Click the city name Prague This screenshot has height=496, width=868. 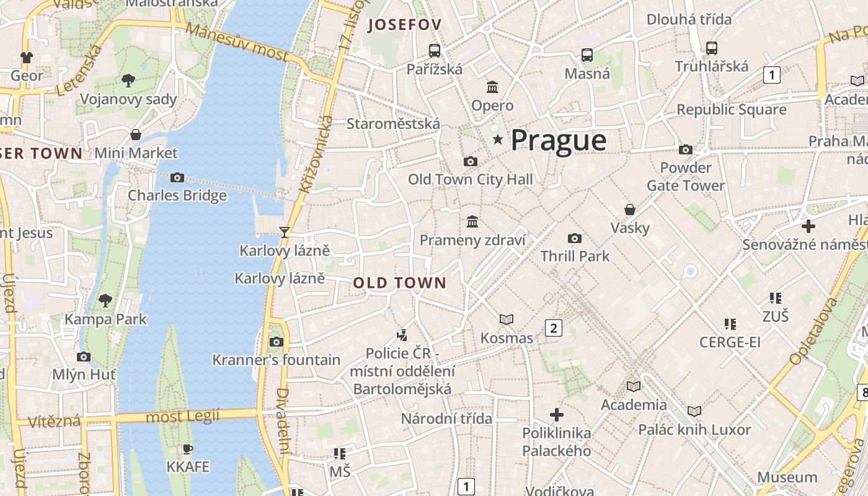(558, 141)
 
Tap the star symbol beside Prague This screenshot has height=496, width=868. (498, 140)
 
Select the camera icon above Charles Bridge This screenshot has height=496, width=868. (177, 178)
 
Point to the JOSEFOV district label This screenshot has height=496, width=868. (404, 25)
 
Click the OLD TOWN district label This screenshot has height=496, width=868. (400, 283)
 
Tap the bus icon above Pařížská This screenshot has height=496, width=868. (435, 51)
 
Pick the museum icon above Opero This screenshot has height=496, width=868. (492, 87)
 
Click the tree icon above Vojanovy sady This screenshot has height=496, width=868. (128, 80)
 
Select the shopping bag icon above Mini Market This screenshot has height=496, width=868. (136, 135)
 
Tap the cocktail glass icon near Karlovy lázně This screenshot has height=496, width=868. (285, 232)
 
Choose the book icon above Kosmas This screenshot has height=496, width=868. (507, 319)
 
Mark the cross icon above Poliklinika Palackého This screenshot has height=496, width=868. (557, 414)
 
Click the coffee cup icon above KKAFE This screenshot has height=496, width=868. (188, 449)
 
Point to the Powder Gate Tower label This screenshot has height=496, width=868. (685, 177)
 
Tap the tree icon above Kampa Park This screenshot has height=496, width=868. (105, 301)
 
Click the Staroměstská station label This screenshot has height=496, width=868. (393, 123)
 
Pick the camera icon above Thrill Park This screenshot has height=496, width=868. (575, 238)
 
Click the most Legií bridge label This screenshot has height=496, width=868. (182, 417)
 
